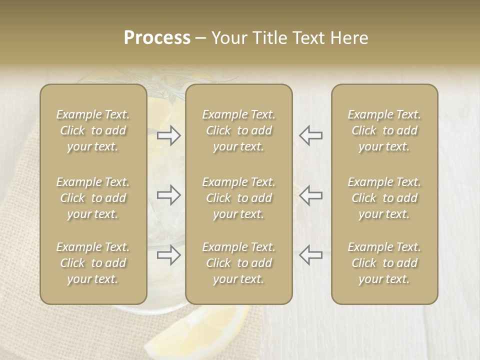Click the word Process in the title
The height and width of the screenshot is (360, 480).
[x=157, y=38]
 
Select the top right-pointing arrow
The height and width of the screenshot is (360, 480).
[x=169, y=135]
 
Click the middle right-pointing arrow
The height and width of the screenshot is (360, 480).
[x=169, y=195]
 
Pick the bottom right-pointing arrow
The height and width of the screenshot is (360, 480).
[x=169, y=255]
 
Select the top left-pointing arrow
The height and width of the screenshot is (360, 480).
[x=310, y=135]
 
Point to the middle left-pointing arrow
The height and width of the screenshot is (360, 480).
[x=310, y=195]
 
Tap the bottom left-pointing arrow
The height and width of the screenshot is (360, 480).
[x=310, y=255]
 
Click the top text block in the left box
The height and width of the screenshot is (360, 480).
[x=93, y=130]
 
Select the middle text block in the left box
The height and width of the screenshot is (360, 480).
[x=93, y=198]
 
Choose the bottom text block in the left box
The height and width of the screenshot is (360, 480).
[x=93, y=263]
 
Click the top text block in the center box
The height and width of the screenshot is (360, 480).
[x=239, y=130]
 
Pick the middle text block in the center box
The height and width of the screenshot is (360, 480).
[x=239, y=198]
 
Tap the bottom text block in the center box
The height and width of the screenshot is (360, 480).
[x=239, y=263]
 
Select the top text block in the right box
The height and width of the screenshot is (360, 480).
[x=384, y=130]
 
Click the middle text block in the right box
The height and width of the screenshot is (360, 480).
[x=384, y=198]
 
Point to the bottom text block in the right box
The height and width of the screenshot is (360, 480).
[x=384, y=263]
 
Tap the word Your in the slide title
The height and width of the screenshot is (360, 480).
[x=229, y=38]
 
